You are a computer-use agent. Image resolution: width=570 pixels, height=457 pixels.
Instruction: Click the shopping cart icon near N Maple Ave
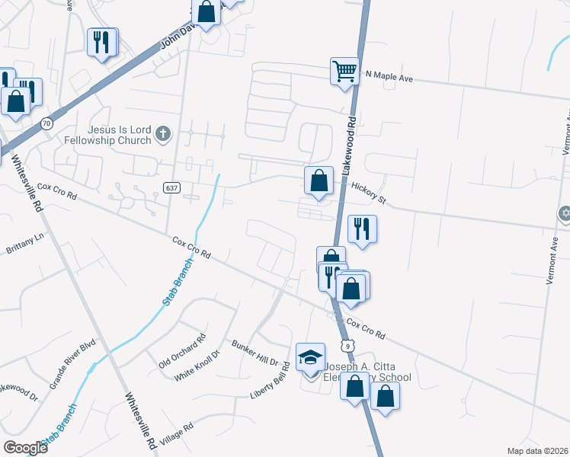[344, 71]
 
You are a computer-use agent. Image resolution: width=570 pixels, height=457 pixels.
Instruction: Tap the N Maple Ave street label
[389, 75]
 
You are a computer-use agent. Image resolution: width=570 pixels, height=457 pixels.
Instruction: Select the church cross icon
[162, 135]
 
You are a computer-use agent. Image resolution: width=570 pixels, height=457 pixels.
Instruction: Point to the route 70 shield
[47, 123]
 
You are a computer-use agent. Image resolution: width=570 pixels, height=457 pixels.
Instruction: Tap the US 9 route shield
[347, 347]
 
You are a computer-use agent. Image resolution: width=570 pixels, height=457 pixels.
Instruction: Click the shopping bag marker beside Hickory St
[319, 181]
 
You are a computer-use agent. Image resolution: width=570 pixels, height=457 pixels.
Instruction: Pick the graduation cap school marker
[310, 356]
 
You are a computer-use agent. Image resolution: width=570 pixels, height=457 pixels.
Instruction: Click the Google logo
[25, 448]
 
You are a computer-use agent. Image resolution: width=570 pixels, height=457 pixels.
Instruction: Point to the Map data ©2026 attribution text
[537, 451]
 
